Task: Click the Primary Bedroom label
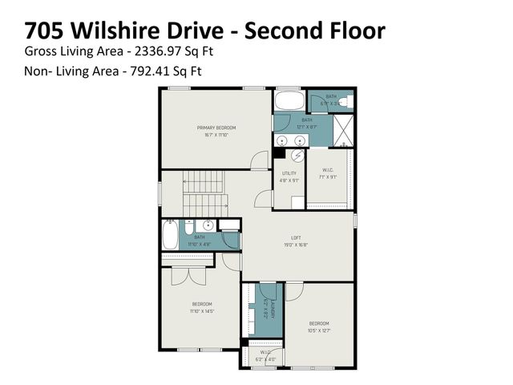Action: point(214,128)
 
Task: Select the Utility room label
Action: point(289,173)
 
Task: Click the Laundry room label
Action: point(273,309)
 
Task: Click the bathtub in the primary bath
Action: point(289,101)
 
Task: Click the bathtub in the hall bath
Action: point(171,235)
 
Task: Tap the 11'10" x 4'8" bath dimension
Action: point(199,242)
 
